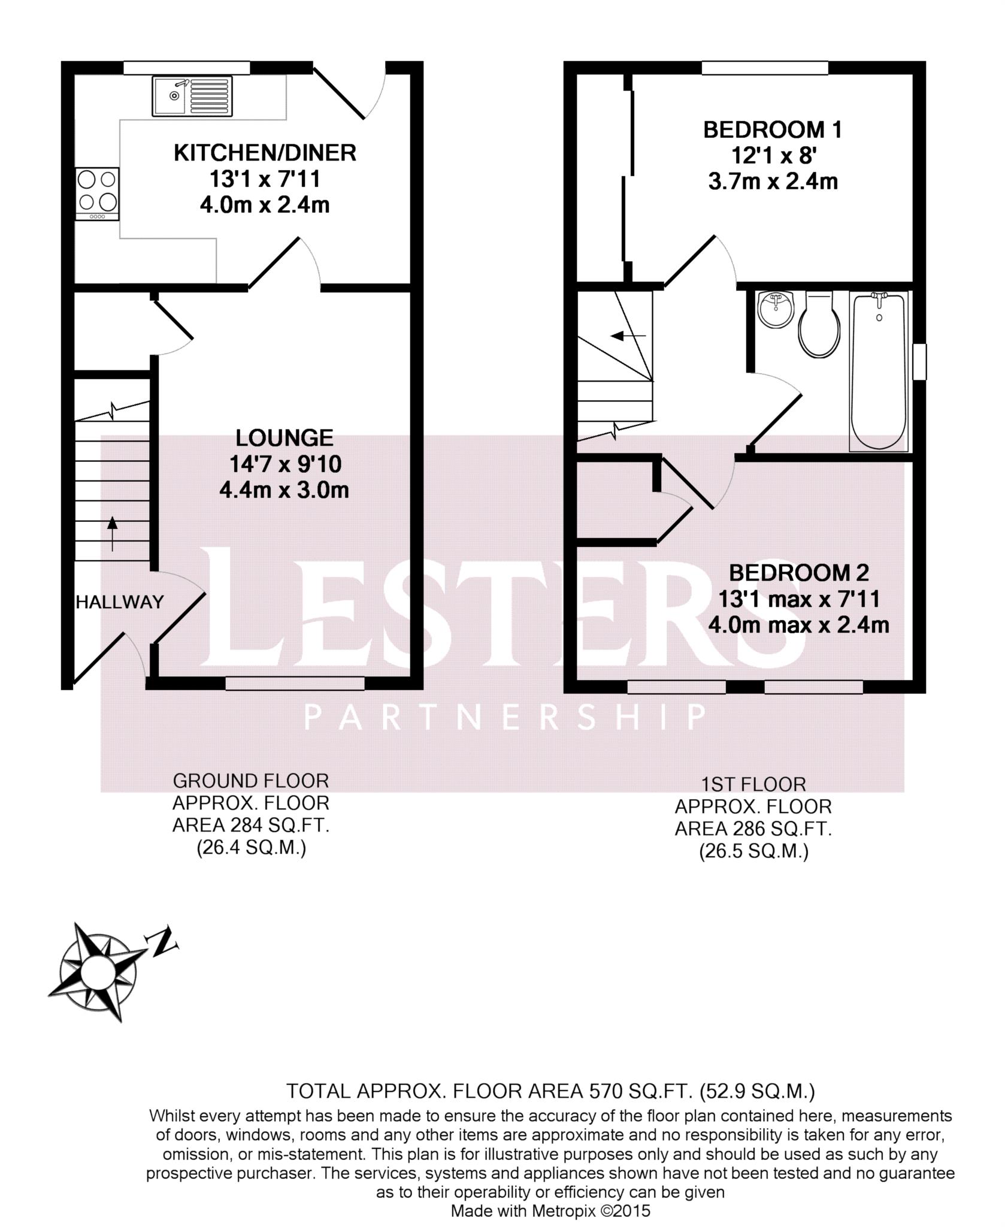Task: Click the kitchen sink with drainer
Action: tap(192, 96)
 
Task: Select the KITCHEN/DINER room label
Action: tap(265, 153)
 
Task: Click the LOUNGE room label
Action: tap(284, 438)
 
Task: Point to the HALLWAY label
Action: tap(120, 602)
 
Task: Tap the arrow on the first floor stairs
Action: tap(628, 336)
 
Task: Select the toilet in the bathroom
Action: tap(819, 327)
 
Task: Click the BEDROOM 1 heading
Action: tap(773, 130)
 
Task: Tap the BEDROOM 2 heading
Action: tap(798, 573)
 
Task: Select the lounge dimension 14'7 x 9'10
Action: tap(285, 464)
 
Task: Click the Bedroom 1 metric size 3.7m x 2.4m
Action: tap(773, 182)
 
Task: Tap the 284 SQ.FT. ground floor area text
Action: tap(251, 826)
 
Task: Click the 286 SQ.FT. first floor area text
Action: tap(753, 829)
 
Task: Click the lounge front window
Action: tap(295, 684)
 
